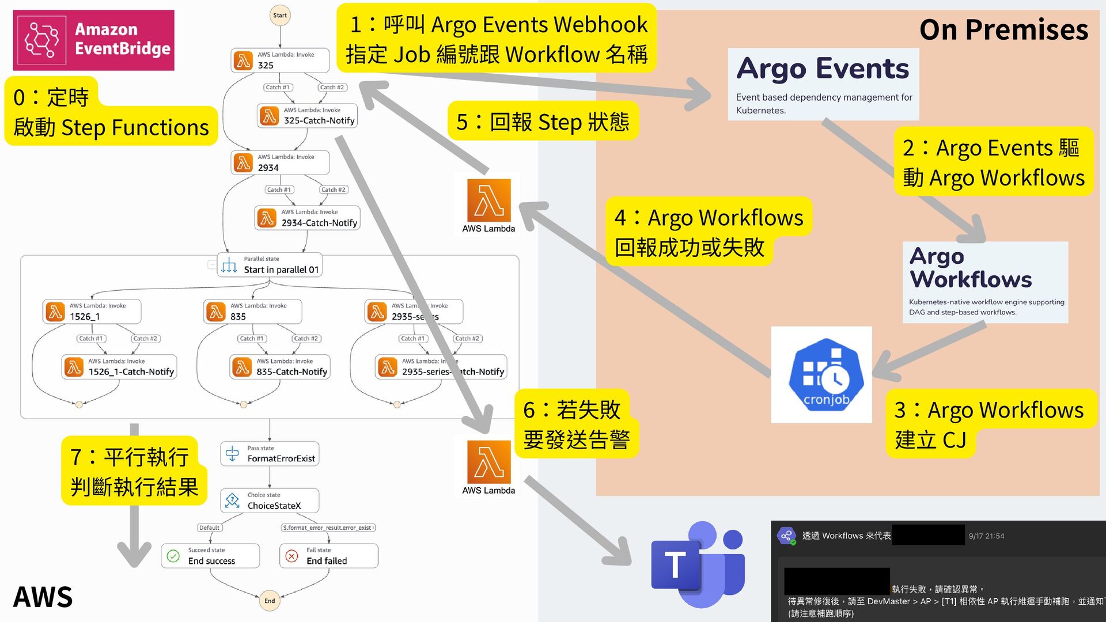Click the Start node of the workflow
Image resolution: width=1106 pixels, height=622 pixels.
click(x=280, y=16)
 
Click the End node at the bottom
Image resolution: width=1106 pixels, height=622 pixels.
click(x=270, y=601)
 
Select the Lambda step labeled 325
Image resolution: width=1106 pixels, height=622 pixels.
click(x=280, y=60)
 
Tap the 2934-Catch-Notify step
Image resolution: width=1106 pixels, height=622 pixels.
click(x=308, y=218)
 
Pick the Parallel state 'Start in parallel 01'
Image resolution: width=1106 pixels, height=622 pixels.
click(x=270, y=265)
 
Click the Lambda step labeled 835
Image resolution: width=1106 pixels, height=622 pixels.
click(x=253, y=312)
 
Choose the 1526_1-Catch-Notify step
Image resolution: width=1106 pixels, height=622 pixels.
click(x=119, y=367)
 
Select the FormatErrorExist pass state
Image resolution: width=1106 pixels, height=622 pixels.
click(x=270, y=454)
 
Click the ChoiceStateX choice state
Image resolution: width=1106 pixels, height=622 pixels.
click(x=270, y=501)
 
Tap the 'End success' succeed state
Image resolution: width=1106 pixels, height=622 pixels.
click(x=210, y=556)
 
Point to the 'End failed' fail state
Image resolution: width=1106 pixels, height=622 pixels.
click(x=328, y=556)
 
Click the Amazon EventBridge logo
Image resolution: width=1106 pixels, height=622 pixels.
click(x=94, y=40)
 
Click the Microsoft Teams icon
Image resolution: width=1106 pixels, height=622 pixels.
click(x=698, y=564)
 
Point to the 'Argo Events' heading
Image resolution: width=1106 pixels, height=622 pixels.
click(x=823, y=69)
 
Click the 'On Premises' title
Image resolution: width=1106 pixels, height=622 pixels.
click(x=1003, y=30)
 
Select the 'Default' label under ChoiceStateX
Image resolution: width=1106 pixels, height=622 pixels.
click(x=209, y=528)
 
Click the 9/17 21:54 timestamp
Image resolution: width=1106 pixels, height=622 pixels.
click(x=986, y=536)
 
